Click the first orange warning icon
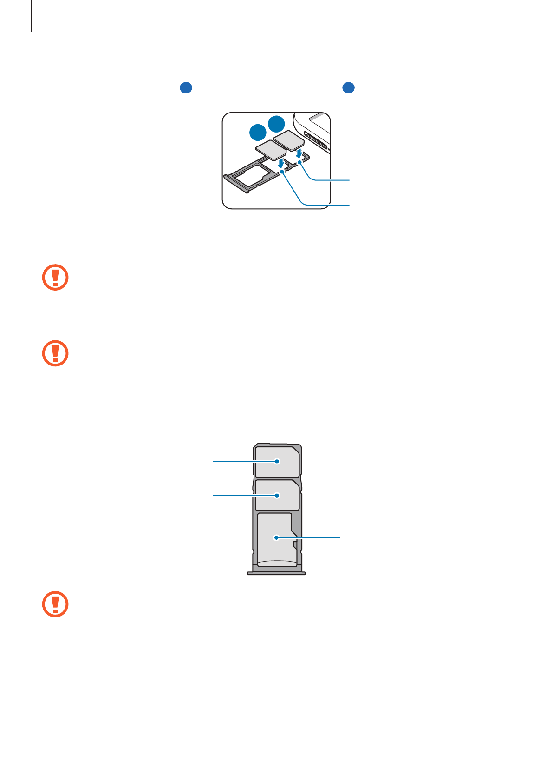[x=55, y=278]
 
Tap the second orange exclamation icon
[x=55, y=353]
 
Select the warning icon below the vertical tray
[x=55, y=604]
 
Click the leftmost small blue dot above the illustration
[x=186, y=87]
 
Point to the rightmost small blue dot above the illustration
[x=348, y=87]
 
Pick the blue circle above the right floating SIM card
[x=277, y=124]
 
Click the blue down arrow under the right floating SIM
[x=299, y=153]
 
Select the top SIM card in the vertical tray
[x=277, y=462]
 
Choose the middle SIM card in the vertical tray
[x=277, y=495]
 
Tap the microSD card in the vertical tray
[x=276, y=539]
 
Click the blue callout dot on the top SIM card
[x=277, y=461]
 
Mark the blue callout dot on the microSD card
[x=276, y=538]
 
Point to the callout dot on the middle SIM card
[x=277, y=496]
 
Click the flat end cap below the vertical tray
[x=276, y=573]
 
